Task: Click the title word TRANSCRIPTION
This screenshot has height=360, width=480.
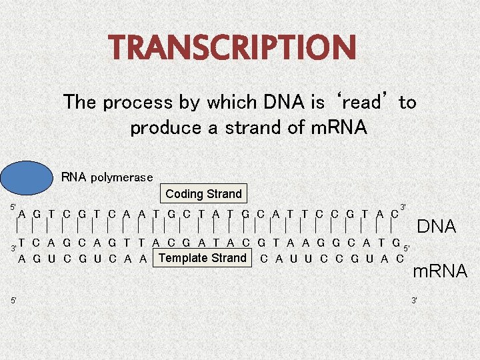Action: click(233, 47)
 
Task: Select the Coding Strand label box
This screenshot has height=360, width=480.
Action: click(203, 194)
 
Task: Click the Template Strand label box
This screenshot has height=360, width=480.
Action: click(203, 258)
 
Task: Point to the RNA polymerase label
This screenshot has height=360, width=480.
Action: click(107, 177)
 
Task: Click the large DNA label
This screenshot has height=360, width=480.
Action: click(436, 227)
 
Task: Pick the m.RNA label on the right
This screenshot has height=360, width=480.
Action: click(440, 271)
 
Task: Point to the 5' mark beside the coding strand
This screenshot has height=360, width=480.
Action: click(13, 208)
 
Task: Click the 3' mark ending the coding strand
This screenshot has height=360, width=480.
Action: click(403, 207)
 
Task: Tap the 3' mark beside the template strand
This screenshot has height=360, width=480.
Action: click(13, 248)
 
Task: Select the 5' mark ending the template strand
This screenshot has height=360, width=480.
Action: click(408, 248)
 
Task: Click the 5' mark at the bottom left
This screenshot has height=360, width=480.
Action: click(13, 301)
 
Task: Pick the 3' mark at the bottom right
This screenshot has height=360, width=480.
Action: click(415, 301)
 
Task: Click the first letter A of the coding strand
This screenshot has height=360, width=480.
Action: click(23, 214)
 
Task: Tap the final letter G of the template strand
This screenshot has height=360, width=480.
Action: click(396, 243)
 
